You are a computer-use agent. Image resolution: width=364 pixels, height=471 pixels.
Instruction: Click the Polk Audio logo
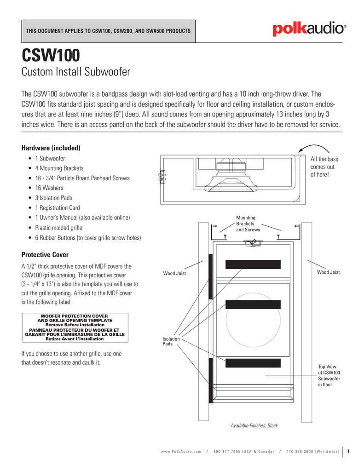308,30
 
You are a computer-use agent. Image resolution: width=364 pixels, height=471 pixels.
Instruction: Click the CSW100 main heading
51,55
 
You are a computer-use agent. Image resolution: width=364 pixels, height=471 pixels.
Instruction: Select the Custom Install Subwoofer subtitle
76,72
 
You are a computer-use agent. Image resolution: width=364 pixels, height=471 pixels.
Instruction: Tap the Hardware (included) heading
51,148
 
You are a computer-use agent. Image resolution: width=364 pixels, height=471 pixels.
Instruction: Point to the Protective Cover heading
45,254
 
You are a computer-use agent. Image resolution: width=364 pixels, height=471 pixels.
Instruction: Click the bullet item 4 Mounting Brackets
59,168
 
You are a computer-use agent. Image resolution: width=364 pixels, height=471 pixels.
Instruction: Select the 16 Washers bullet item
49,188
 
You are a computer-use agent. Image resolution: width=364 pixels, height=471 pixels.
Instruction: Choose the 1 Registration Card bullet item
57,207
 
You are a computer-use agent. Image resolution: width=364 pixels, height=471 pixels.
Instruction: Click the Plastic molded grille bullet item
58,227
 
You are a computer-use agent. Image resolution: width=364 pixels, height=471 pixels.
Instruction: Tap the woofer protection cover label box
75,327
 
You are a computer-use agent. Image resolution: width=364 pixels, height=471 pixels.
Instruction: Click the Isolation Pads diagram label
171,341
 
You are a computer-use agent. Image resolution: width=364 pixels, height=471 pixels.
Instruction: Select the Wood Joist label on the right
328,273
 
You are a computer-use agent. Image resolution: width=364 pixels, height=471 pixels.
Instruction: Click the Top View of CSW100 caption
329,375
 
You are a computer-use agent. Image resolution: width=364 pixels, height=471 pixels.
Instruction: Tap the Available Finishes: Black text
254,425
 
